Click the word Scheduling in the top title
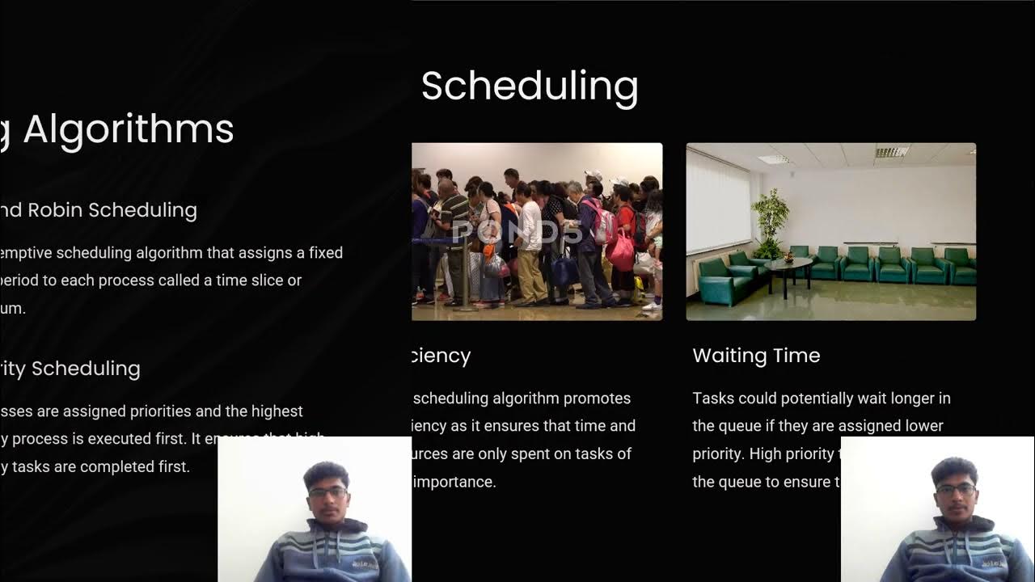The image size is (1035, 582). pos(530,86)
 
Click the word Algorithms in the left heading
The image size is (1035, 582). pos(129,129)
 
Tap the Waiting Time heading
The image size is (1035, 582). pos(756,356)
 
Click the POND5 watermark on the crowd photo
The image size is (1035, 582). pos(517,232)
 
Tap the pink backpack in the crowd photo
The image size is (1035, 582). pos(621,252)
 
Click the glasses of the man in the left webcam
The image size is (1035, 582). pos(327,491)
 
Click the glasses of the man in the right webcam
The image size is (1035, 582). pos(956,489)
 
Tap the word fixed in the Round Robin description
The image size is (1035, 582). pos(326,253)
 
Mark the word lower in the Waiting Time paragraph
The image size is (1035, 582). pos(923,426)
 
